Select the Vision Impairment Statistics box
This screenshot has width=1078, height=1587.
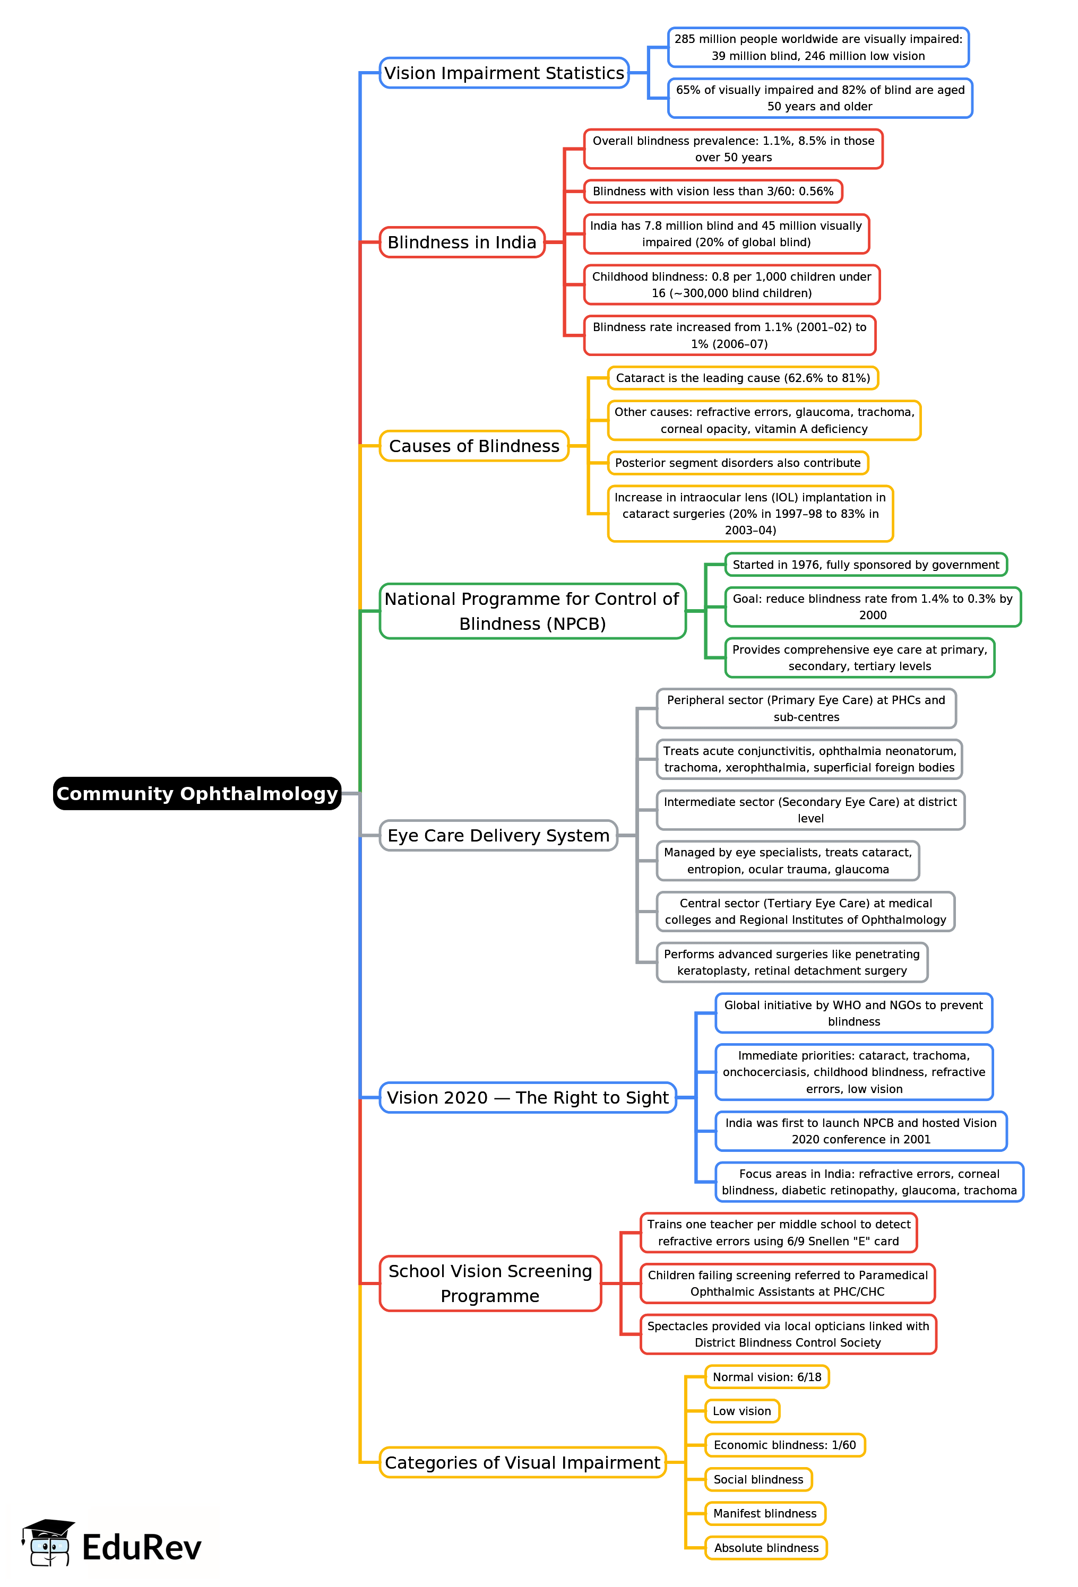504,73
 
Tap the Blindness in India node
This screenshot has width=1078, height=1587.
462,242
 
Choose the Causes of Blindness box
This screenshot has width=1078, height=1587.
473,446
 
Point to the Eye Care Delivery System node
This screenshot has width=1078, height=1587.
498,835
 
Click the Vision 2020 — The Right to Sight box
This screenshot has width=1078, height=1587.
528,1097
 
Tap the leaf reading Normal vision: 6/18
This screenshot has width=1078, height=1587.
766,1377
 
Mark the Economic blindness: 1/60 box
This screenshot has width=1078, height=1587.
784,1445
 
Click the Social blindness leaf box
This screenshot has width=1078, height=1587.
758,1479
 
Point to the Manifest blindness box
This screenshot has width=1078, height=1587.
764,1513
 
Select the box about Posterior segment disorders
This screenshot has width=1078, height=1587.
737,463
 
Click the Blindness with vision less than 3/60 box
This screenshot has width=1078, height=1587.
712,191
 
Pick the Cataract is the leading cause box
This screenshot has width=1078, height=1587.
743,378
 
